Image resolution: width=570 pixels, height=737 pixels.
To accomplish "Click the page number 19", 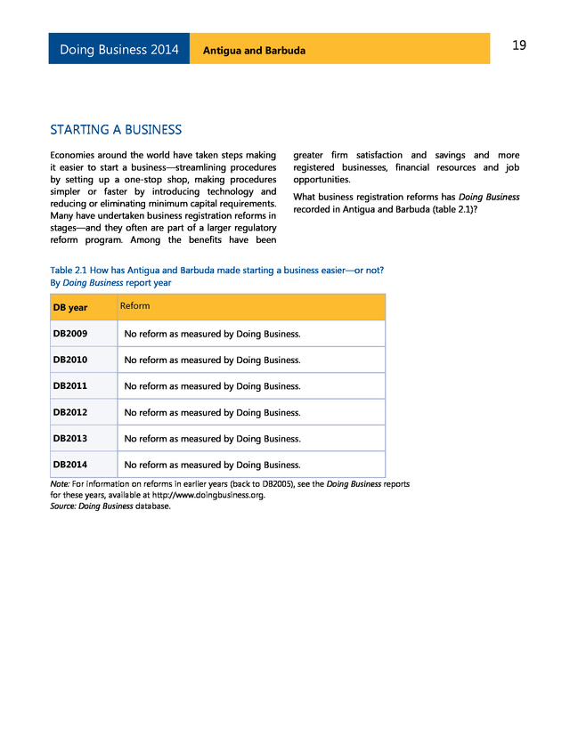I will click(x=519, y=45).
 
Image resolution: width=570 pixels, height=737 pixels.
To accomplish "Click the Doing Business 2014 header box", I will click(x=118, y=50).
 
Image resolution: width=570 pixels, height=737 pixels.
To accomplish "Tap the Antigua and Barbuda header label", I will click(x=254, y=51).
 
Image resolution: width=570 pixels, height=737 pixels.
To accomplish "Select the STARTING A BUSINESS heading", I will click(x=116, y=130).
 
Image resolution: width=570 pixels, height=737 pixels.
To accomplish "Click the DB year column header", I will click(x=70, y=308).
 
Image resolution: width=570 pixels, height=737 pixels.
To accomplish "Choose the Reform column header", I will click(x=134, y=306).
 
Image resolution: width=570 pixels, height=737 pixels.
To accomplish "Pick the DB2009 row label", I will click(x=70, y=335).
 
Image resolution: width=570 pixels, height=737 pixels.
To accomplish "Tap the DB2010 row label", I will click(x=70, y=360).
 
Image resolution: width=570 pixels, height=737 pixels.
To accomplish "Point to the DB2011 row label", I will click(x=70, y=386).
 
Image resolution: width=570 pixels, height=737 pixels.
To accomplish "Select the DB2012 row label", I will click(x=70, y=412).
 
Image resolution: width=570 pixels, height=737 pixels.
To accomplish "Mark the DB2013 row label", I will click(x=70, y=439).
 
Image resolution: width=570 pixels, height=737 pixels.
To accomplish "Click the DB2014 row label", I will click(x=70, y=465).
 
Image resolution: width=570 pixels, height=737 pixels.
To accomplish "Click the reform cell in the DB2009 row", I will click(x=212, y=335).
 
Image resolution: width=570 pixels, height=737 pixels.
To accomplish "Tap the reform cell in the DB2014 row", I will click(x=212, y=465).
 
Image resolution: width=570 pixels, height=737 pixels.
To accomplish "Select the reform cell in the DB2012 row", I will click(x=212, y=412).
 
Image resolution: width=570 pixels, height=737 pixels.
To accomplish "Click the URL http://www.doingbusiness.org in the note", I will click(x=208, y=495).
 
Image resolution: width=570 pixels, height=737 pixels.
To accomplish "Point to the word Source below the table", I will click(x=62, y=506).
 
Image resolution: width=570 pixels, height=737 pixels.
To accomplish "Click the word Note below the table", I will click(x=60, y=483).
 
